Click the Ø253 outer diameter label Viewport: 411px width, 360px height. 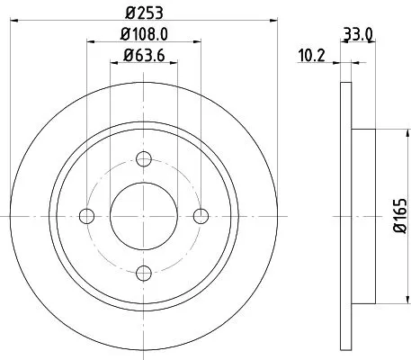click(145, 13)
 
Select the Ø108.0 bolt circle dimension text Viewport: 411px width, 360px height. click(145, 38)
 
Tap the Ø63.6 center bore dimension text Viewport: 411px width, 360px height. click(144, 61)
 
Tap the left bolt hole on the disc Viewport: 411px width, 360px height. click(88, 215)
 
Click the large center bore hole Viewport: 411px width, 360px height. click(144, 215)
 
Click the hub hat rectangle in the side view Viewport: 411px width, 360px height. click(362, 215)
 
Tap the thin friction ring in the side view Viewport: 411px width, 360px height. click(344, 215)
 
